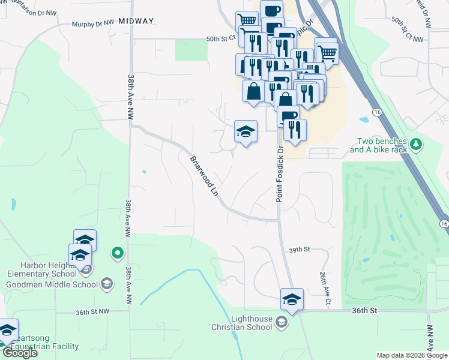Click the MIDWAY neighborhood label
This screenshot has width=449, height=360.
136,21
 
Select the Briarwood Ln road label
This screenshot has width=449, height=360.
203,176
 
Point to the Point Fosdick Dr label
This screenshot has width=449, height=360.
280,173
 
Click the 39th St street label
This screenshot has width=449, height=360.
298,249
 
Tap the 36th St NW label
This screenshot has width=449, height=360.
92,312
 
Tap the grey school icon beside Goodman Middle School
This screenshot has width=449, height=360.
107,284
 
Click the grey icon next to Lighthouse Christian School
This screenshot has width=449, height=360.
281,323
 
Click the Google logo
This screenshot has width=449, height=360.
19,353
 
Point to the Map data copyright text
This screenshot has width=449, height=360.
411,355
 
